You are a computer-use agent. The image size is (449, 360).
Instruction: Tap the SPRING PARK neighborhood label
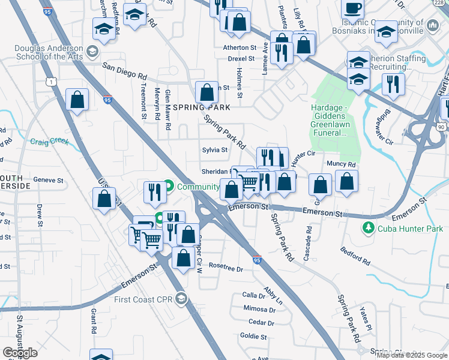(202, 108)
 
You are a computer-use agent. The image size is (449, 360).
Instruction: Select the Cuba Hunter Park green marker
(367, 228)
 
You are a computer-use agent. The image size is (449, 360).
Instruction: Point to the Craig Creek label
(50, 142)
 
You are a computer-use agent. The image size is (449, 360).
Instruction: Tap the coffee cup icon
(352, 8)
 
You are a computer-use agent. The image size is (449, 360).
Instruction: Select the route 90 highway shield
(441, 127)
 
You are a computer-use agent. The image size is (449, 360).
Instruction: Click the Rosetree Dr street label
(226, 269)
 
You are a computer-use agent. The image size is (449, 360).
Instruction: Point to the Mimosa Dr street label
(259, 310)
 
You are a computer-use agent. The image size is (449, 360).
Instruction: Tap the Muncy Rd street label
(341, 164)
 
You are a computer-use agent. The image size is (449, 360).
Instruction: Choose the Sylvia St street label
(214, 150)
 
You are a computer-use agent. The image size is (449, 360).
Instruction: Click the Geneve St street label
(48, 180)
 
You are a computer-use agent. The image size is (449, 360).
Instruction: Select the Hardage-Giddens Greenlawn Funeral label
(330, 121)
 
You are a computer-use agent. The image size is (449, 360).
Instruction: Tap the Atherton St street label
(240, 47)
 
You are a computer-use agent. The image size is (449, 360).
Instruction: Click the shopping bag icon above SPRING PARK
(206, 94)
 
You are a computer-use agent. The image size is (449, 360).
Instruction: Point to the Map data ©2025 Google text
(411, 355)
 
